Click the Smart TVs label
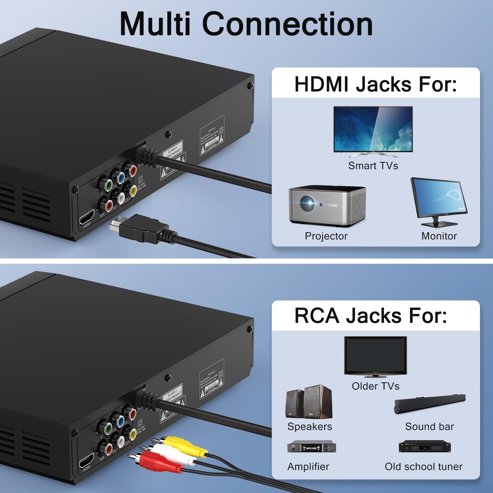point(373,166)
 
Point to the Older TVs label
point(375,386)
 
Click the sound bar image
point(430,403)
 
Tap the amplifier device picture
point(312,447)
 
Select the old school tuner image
point(425,447)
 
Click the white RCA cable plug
point(173,455)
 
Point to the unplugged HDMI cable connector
point(139,228)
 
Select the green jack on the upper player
point(108,185)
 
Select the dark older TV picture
point(375,356)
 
